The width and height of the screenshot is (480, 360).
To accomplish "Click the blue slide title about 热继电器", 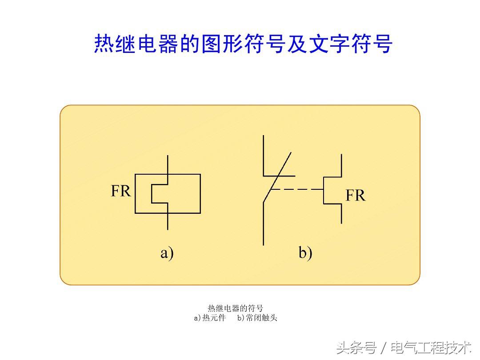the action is (x=243, y=44).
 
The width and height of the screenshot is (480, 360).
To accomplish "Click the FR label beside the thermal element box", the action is (x=120, y=191).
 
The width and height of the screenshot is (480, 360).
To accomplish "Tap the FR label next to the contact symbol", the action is (x=355, y=195).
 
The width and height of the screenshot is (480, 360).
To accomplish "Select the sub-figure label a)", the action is (x=167, y=253).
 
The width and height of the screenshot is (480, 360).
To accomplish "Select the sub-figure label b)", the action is (x=305, y=253).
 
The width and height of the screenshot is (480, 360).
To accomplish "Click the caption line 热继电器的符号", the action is (x=235, y=308).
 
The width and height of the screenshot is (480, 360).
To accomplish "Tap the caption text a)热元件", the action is (x=210, y=318).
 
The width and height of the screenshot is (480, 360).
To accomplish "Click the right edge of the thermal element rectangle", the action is (x=200, y=193).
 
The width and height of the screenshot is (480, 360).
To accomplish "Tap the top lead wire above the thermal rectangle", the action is (x=168, y=164).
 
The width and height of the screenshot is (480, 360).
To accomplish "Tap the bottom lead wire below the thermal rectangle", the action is (x=168, y=221).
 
